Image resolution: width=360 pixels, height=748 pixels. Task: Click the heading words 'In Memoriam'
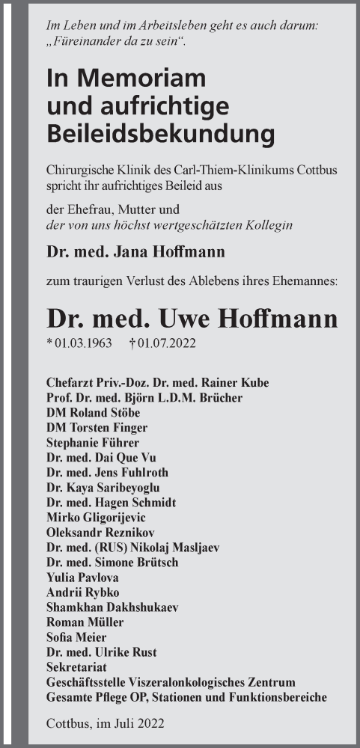(125, 78)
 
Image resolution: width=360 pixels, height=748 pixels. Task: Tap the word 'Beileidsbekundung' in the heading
(160, 134)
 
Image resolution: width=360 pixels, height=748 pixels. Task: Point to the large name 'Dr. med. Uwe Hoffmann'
(192, 318)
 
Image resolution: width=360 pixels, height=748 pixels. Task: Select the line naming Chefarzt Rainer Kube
(157, 382)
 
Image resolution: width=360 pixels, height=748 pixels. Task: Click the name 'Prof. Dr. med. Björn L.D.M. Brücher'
(154, 397)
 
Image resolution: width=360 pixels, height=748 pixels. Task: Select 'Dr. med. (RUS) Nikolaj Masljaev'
(132, 547)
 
